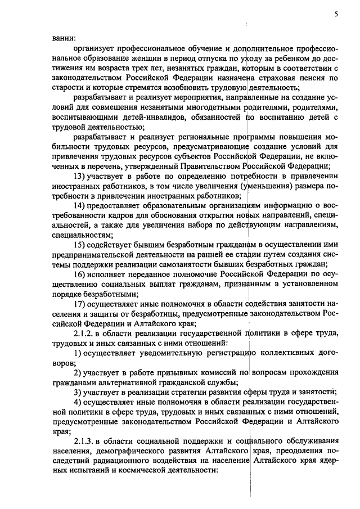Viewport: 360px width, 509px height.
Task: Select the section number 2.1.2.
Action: point(85,333)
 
